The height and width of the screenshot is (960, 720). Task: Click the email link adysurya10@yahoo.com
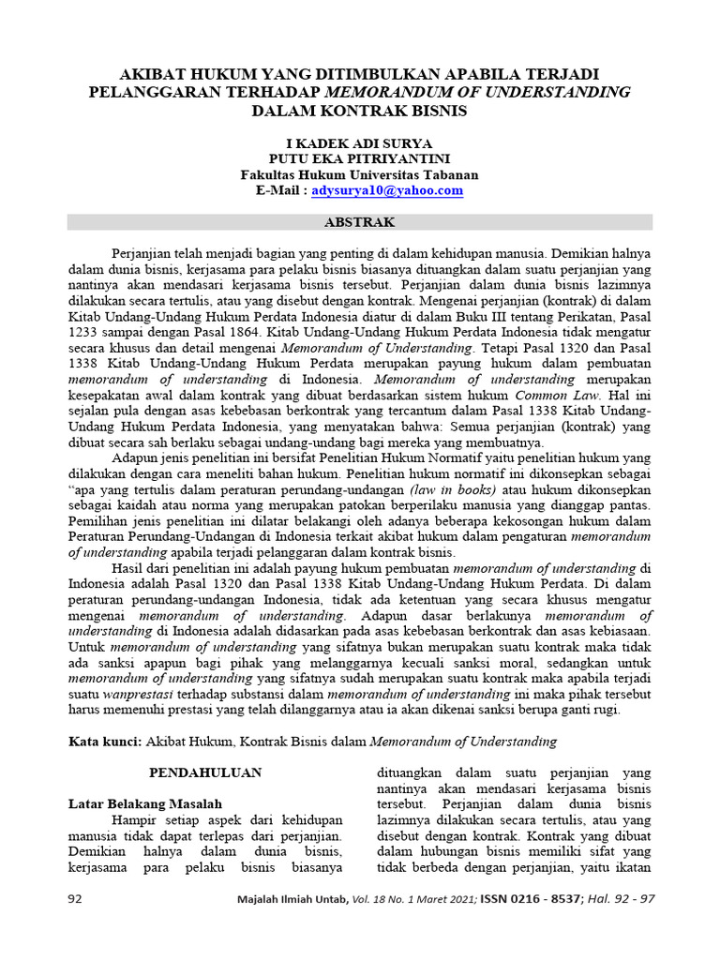pyautogui.click(x=387, y=190)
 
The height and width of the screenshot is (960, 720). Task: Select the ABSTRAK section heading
pyautogui.click(x=359, y=223)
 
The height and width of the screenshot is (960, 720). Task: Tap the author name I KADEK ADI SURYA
pyautogui.click(x=359, y=143)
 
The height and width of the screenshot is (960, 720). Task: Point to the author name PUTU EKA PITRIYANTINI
pyautogui.click(x=359, y=159)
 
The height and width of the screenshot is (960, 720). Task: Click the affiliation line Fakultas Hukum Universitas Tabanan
pyautogui.click(x=359, y=174)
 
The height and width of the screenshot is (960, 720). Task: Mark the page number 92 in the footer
pyautogui.click(x=76, y=899)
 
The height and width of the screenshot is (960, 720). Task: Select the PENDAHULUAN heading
pyautogui.click(x=205, y=772)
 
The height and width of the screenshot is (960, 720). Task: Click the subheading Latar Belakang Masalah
pyautogui.click(x=145, y=803)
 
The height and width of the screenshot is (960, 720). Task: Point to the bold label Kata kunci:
pyautogui.click(x=106, y=742)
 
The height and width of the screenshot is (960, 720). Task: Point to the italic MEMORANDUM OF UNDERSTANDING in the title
pyautogui.click(x=477, y=92)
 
